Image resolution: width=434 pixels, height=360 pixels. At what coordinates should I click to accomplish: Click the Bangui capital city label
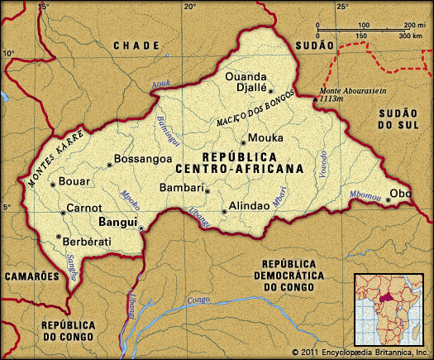[x=118, y=222]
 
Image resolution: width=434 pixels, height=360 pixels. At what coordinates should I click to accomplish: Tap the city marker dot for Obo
[x=389, y=199]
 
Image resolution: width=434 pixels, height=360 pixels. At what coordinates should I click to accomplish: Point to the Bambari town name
[x=181, y=188]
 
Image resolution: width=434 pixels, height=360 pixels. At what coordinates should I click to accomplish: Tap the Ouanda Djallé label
[x=248, y=83]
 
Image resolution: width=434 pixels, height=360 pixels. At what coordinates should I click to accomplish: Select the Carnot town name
[x=84, y=208]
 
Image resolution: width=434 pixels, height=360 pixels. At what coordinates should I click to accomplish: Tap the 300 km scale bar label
[x=410, y=37]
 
